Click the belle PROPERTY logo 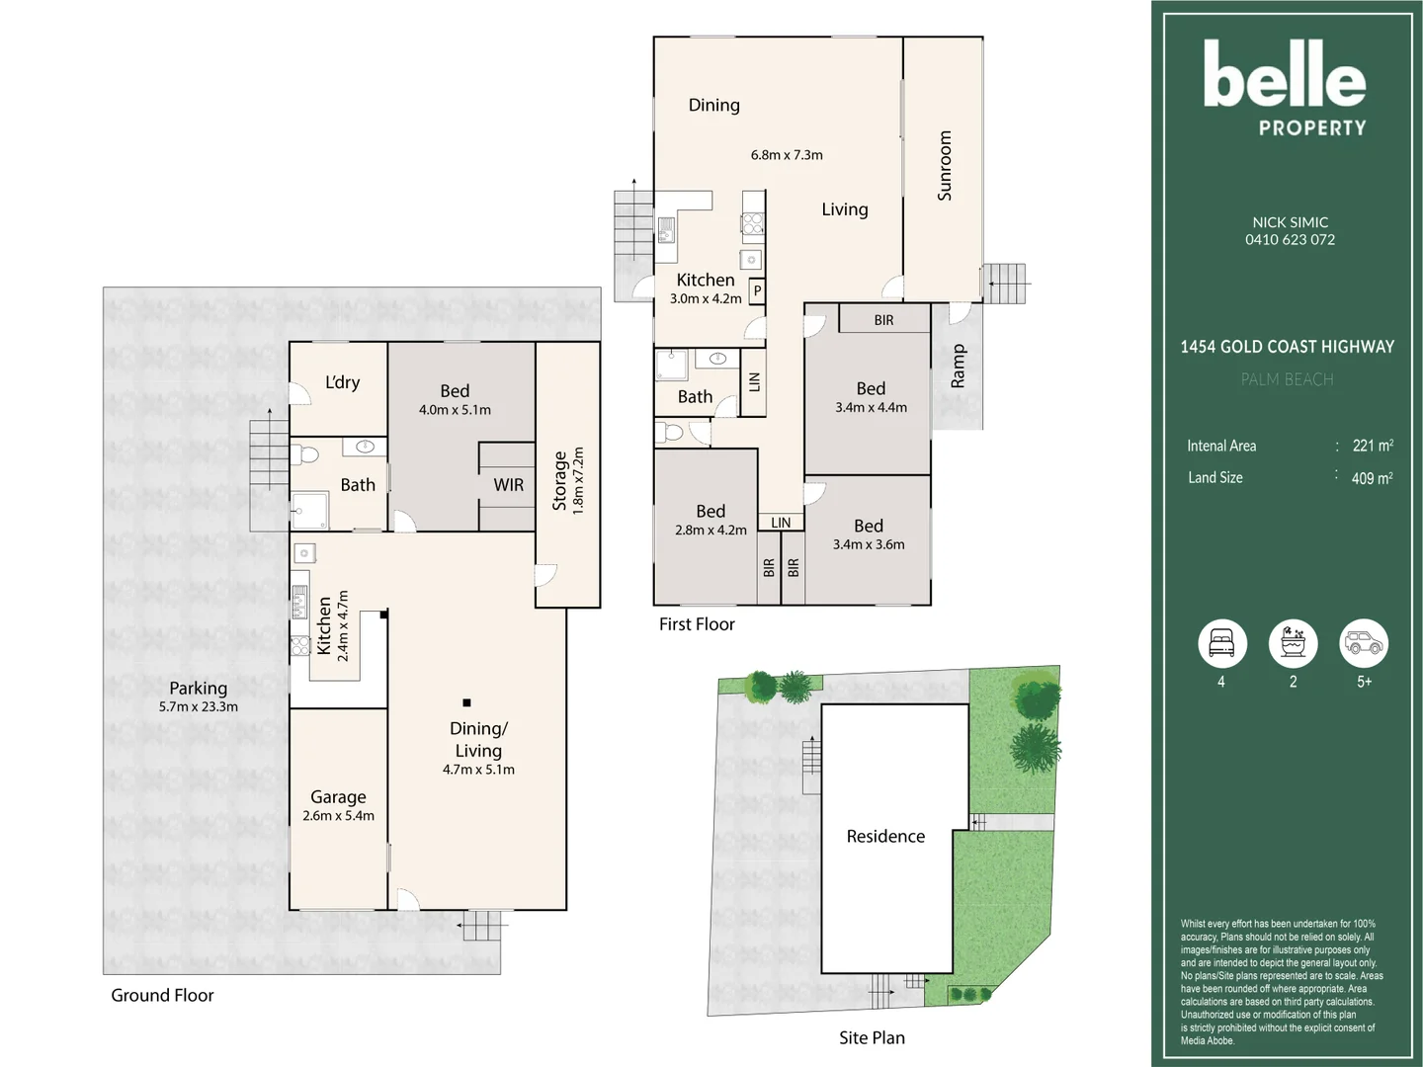tap(1285, 87)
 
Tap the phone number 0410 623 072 tap(1290, 240)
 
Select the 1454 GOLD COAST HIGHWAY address tap(1287, 347)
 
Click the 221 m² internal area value tap(1372, 446)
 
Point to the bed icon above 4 tap(1221, 643)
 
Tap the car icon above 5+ tap(1364, 643)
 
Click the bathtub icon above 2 tap(1293, 643)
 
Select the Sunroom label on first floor tap(945, 166)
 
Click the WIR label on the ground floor tap(509, 485)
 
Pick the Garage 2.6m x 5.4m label tap(338, 805)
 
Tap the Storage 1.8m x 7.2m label tap(568, 480)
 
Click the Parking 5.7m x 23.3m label tap(198, 697)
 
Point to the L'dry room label tap(342, 382)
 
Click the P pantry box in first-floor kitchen tap(757, 290)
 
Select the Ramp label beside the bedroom tap(958, 366)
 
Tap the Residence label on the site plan tap(885, 837)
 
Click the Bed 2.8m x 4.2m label tap(711, 520)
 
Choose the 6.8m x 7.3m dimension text tap(787, 155)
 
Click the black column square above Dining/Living tap(466, 702)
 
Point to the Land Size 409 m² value tap(1372, 478)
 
